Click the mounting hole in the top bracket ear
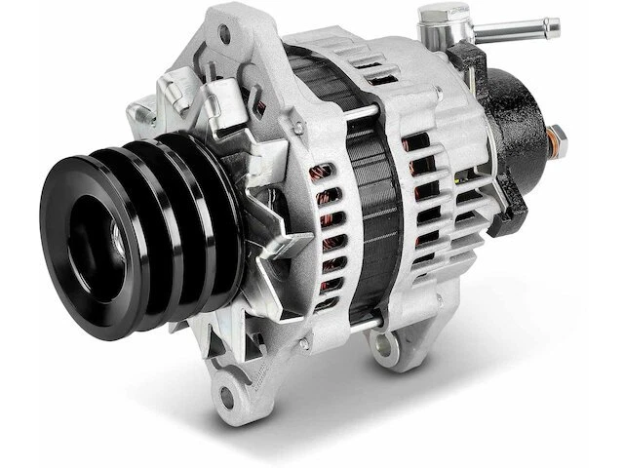(226, 36)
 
